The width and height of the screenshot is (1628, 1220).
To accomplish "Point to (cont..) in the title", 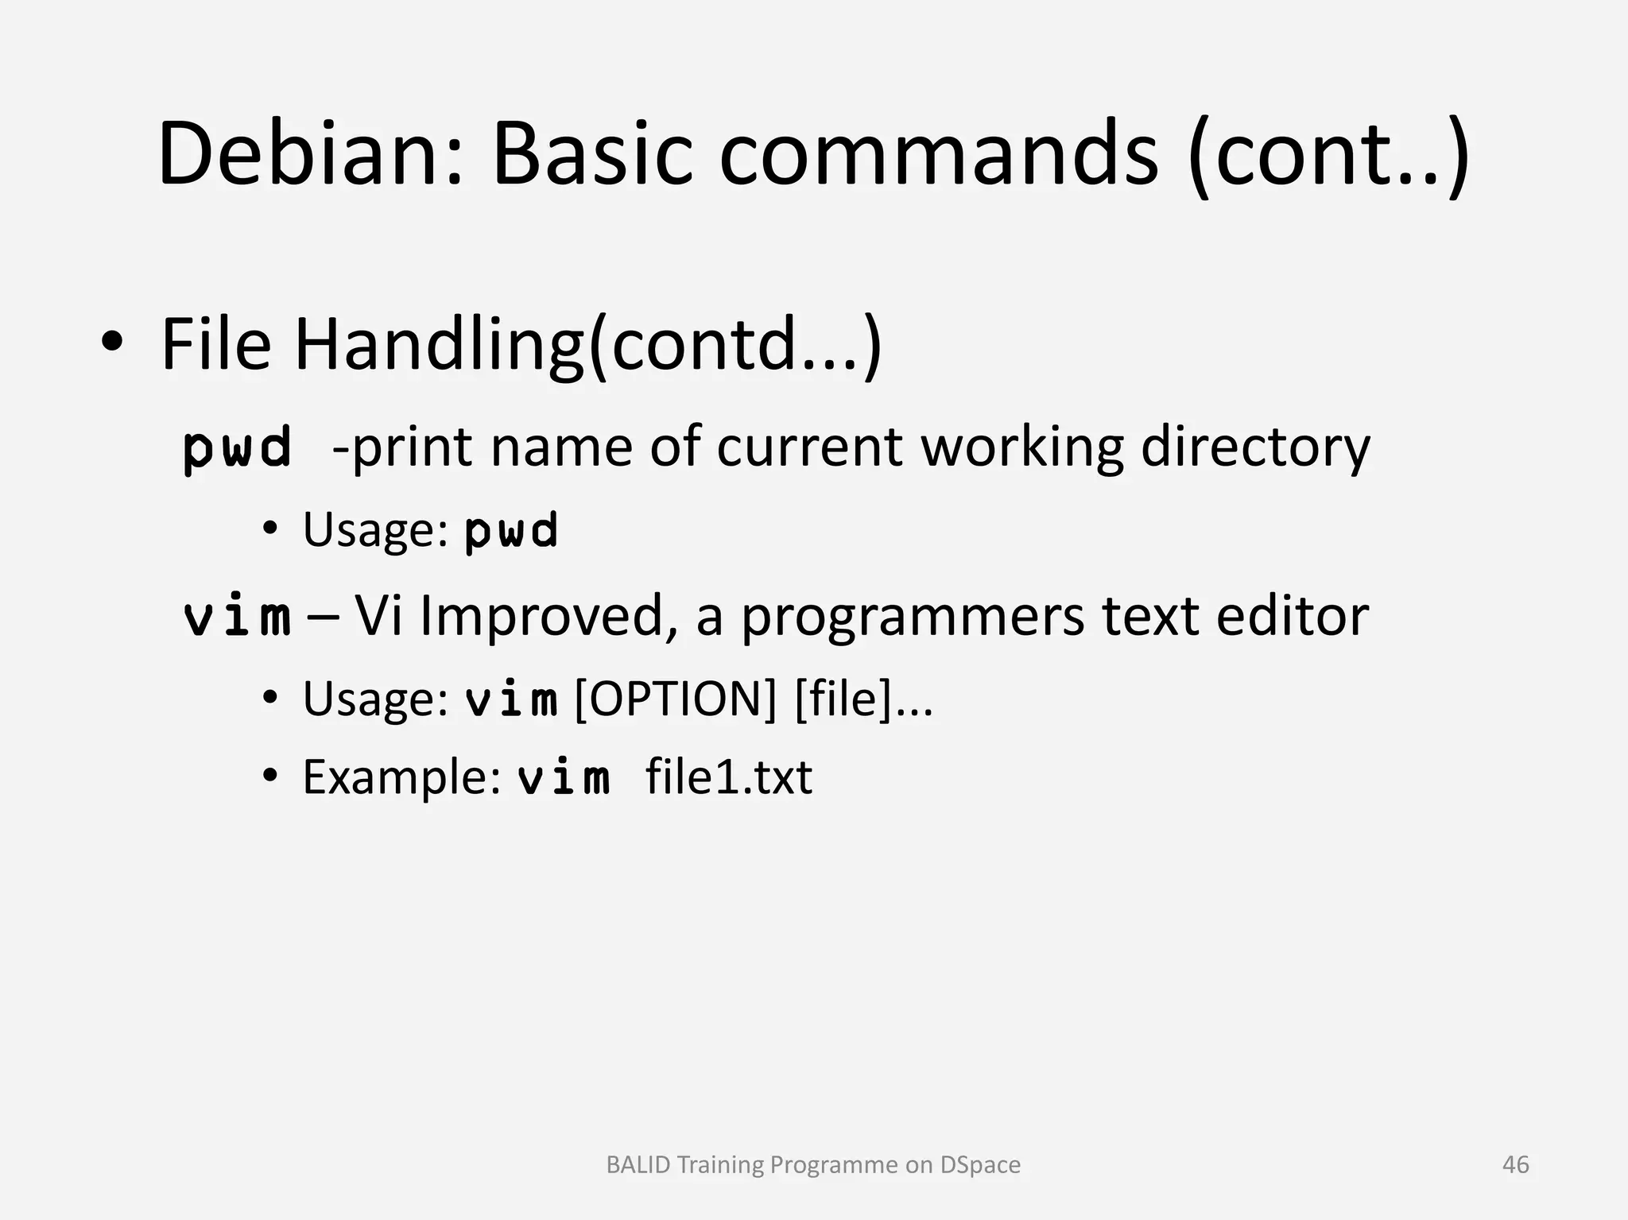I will point(1328,155).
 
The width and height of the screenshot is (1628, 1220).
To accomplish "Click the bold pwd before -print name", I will point(237,447).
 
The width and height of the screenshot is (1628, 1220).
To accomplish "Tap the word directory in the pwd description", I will point(1256,447).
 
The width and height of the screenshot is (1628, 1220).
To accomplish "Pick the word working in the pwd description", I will point(1022,447).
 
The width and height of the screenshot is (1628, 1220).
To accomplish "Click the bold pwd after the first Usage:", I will point(511,530).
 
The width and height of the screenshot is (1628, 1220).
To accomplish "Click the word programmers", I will point(913,618).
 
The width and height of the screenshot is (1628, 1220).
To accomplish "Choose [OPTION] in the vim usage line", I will point(675,699).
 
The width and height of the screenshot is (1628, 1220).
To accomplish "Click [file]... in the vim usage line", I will point(863,699).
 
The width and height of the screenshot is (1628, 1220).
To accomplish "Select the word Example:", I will point(401,777).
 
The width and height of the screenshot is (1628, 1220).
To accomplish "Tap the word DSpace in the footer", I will point(980,1164).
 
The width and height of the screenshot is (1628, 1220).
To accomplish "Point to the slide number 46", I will point(1515,1164).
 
